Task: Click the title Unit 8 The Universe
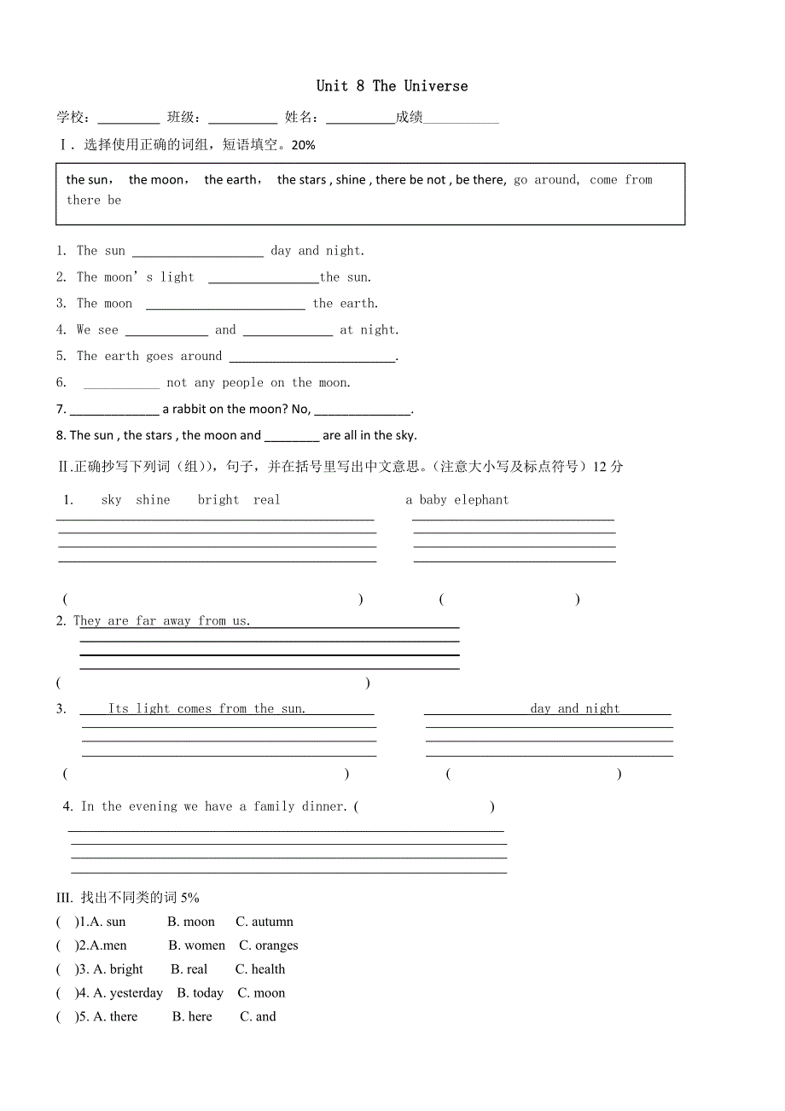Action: pyautogui.click(x=392, y=85)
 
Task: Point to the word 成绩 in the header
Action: pyautogui.click(x=409, y=118)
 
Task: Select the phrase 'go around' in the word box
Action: pyautogui.click(x=546, y=179)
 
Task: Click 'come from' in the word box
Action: pyautogui.click(x=620, y=179)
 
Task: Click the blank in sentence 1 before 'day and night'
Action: pyautogui.click(x=198, y=252)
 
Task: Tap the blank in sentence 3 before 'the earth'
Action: pyautogui.click(x=225, y=305)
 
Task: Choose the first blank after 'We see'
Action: pyautogui.click(x=166, y=331)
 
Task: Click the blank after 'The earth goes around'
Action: pyautogui.click(x=312, y=358)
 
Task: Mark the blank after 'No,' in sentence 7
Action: pyautogui.click(x=363, y=410)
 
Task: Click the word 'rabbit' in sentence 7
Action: pyautogui.click(x=192, y=409)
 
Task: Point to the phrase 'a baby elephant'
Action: pyautogui.click(x=456, y=500)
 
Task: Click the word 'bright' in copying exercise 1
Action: pyautogui.click(x=218, y=500)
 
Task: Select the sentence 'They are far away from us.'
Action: pyautogui.click(x=162, y=621)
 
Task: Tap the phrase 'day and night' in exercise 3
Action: pyautogui.click(x=574, y=708)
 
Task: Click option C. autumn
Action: pyautogui.click(x=265, y=922)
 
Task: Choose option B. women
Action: pyautogui.click(x=197, y=945)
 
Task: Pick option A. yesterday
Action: pyautogui.click(x=128, y=993)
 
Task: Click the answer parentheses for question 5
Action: pyautogui.click(x=66, y=1017)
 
